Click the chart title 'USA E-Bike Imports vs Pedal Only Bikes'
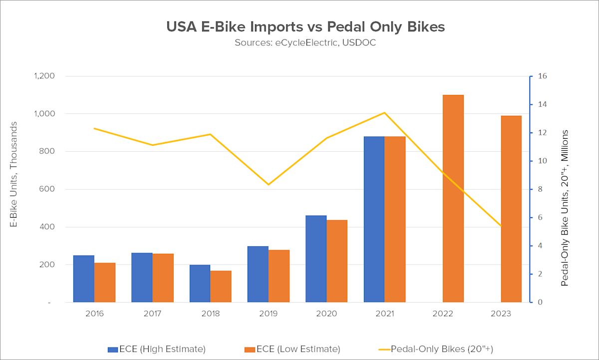(x=305, y=27)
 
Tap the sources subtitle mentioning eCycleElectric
(x=305, y=42)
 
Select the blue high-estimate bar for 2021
(x=374, y=219)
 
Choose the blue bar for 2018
(x=200, y=283)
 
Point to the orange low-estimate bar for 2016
(x=105, y=282)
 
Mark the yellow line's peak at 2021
(x=384, y=112)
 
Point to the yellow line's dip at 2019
(x=269, y=185)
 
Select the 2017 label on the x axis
(x=152, y=314)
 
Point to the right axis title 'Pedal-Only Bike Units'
(x=565, y=208)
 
